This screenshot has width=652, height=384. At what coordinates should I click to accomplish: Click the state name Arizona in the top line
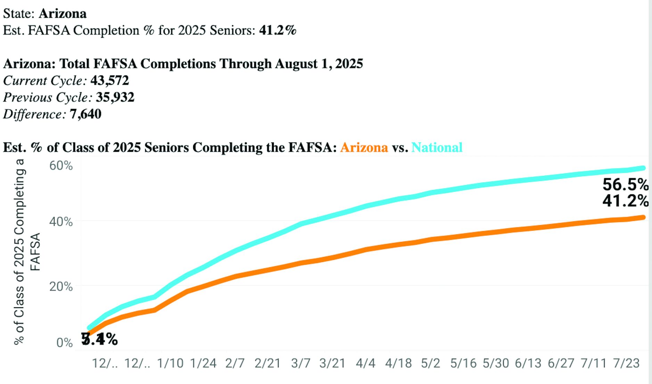click(63, 14)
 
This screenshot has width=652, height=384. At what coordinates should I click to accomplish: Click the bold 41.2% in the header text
click(278, 30)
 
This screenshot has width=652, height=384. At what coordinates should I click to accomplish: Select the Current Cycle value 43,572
click(109, 81)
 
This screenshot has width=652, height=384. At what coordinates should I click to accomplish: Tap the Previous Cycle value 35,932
click(115, 97)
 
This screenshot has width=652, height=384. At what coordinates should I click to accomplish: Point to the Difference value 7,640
click(85, 114)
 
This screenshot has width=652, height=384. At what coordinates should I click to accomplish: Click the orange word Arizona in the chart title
click(364, 147)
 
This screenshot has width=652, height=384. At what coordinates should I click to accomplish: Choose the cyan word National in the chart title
click(437, 147)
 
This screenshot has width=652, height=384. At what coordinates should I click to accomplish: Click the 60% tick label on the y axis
click(61, 165)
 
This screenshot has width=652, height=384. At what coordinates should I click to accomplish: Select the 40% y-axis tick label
click(61, 222)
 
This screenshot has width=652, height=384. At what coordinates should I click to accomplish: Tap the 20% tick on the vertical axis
click(61, 287)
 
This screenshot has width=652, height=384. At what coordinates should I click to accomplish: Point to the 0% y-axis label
click(64, 343)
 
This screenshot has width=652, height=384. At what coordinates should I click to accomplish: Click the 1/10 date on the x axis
click(170, 363)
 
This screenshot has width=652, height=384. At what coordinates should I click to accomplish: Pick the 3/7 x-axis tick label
click(300, 363)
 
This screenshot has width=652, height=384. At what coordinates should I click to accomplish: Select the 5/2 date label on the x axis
click(430, 363)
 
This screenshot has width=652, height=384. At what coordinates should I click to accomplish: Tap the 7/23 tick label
click(626, 363)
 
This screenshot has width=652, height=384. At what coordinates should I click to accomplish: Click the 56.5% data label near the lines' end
click(625, 185)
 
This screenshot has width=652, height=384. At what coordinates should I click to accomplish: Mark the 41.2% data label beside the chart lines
click(625, 201)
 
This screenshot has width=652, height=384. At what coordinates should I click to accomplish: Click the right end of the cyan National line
click(643, 168)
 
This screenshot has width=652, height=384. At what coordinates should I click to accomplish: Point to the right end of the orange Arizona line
click(643, 218)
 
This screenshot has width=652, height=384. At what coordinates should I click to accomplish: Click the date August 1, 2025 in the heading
click(319, 64)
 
